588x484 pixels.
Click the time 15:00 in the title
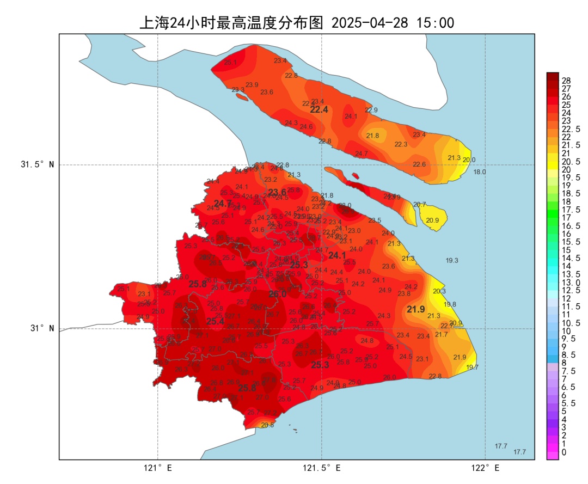click(435, 23)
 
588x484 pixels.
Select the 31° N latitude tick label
click(41, 328)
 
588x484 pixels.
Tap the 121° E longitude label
click(158, 468)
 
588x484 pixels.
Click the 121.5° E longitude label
click(322, 468)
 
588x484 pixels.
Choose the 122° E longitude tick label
click(486, 468)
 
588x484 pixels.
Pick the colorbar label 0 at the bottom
click(563, 452)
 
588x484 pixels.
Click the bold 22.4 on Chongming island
click(319, 110)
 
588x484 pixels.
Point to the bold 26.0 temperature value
click(277, 294)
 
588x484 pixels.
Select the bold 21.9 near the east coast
click(416, 309)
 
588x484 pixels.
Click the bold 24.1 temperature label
click(337, 255)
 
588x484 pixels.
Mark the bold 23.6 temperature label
click(277, 192)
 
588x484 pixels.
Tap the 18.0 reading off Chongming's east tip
click(479, 172)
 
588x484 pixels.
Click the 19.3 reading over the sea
click(452, 261)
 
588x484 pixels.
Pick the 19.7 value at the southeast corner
click(472, 367)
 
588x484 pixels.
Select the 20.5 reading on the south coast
click(267, 425)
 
